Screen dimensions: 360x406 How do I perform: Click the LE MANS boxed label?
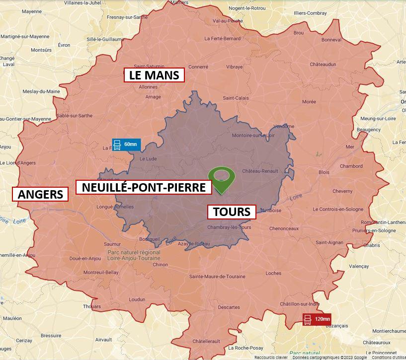154,75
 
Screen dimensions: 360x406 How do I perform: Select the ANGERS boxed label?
41,194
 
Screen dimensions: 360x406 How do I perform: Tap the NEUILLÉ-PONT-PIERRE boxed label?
144,187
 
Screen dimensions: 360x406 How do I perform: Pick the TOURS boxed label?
231,212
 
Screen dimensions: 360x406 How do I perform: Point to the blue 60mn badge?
126,144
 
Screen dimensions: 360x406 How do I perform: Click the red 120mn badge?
317,319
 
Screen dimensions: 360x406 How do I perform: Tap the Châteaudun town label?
324,65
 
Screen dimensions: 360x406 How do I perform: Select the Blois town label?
324,172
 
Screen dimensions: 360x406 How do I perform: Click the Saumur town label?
112,244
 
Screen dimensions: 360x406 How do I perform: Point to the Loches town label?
273,273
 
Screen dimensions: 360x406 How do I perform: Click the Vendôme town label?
284,126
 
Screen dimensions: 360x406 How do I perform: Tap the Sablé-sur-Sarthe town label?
75,116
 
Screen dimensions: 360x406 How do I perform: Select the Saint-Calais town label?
236,98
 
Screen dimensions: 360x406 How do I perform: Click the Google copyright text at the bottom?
329,358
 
